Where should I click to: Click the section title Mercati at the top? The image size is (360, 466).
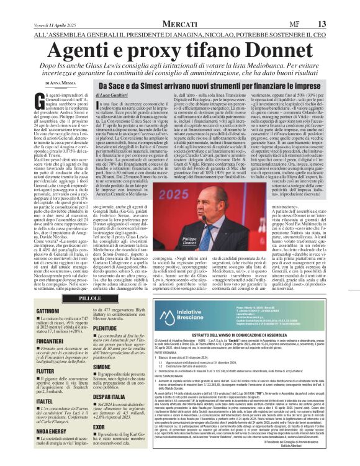(x=180, y=6)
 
